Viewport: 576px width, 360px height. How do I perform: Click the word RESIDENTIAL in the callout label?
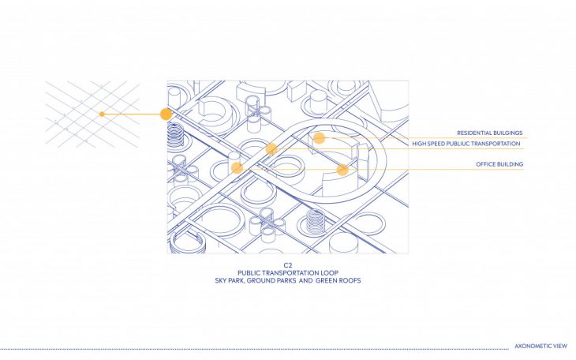[471, 133]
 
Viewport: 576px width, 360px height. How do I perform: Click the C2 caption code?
[288, 264]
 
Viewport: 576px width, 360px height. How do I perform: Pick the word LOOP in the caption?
[335, 272]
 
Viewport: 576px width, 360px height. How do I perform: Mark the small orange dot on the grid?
[102, 114]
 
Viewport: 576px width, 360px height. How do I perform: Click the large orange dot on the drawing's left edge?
[166, 114]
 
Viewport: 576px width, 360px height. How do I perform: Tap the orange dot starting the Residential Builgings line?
[319, 138]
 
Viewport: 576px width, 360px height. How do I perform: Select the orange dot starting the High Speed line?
[271, 148]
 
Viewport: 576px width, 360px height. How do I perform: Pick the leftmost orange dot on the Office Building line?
[237, 168]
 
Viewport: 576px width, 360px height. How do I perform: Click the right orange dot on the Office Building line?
[342, 169]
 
